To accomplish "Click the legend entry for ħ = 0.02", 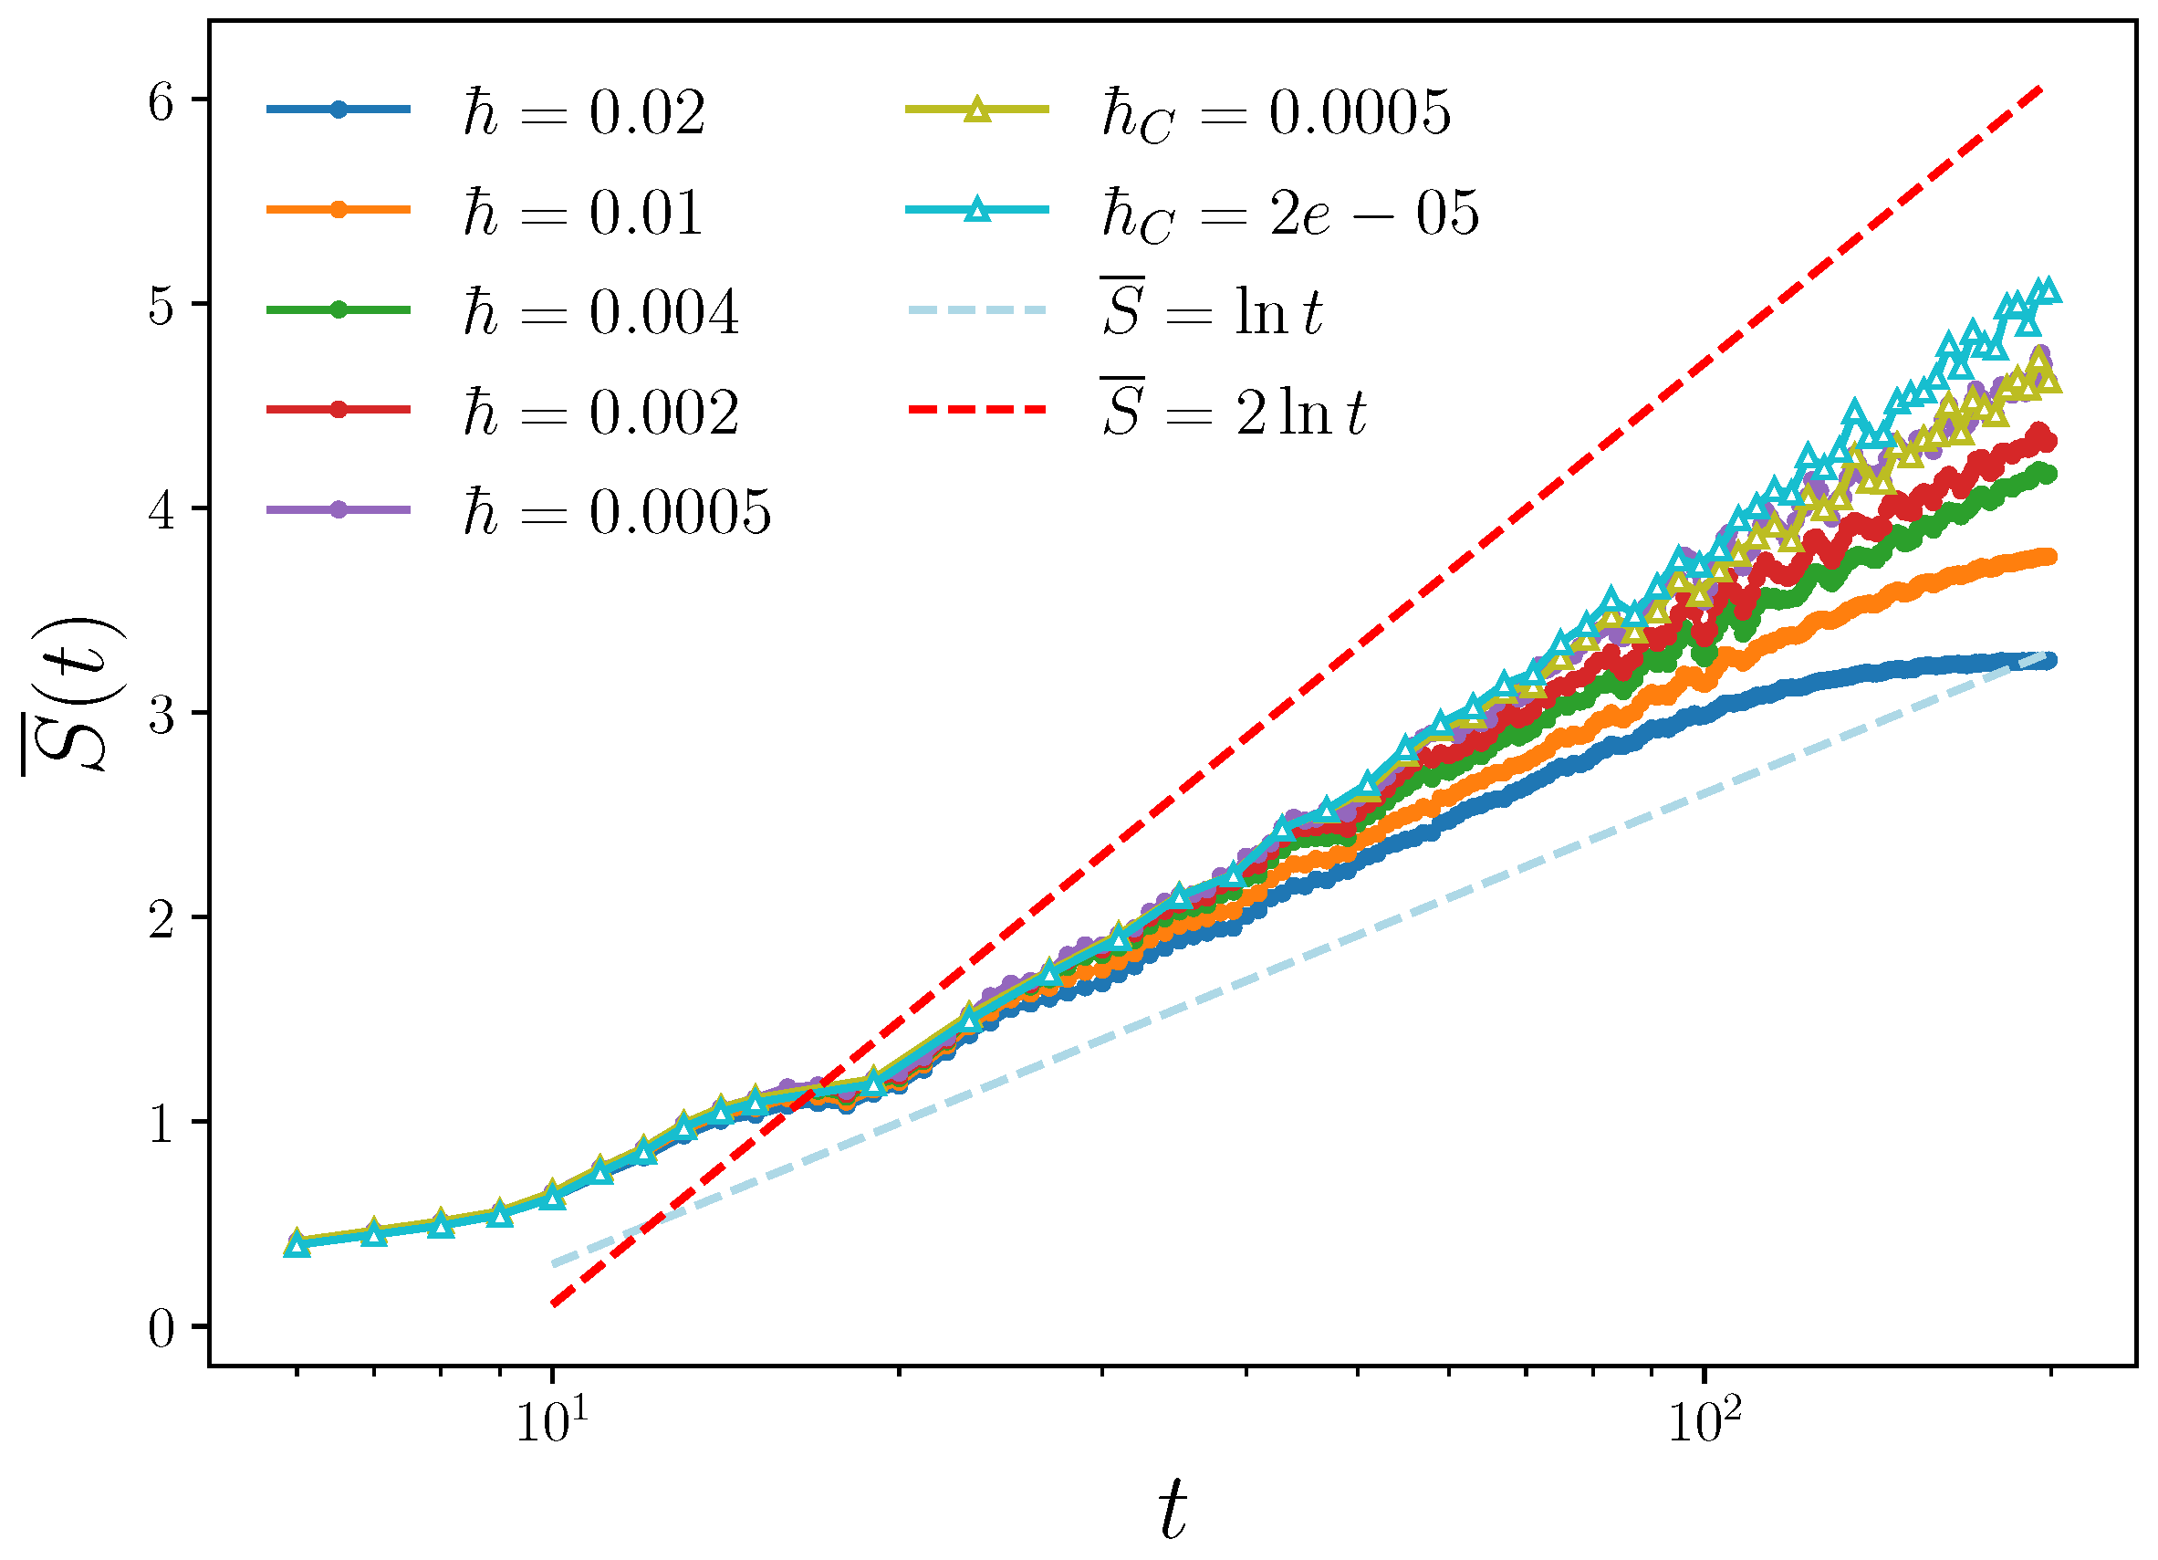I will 582,112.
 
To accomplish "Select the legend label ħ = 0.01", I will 582,213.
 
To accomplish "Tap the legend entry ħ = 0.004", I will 599,312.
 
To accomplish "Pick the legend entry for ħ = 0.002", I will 599,412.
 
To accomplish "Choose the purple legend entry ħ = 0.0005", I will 616,513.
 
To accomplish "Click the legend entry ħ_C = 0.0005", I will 1275,114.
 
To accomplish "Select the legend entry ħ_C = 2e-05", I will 1288,215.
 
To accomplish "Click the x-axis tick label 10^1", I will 552,1422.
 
